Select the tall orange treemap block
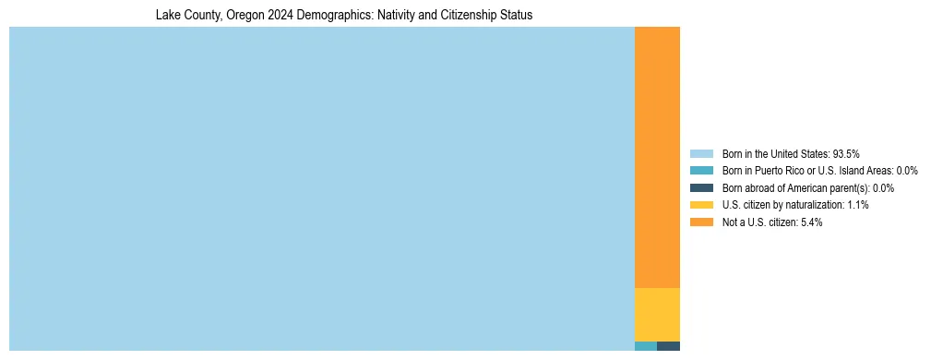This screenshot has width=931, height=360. (657, 157)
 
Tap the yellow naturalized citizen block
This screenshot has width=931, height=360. (657, 314)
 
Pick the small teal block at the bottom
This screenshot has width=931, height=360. (646, 346)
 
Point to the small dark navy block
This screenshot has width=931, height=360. (669, 346)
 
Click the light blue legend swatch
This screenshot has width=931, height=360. (701, 153)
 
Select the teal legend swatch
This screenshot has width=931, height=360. (701, 171)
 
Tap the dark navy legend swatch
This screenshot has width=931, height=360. (701, 187)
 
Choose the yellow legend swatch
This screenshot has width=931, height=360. (701, 205)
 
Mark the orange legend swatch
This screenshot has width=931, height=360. (701, 222)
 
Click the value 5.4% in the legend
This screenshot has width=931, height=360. (811, 222)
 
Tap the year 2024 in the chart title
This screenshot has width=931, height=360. (280, 16)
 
